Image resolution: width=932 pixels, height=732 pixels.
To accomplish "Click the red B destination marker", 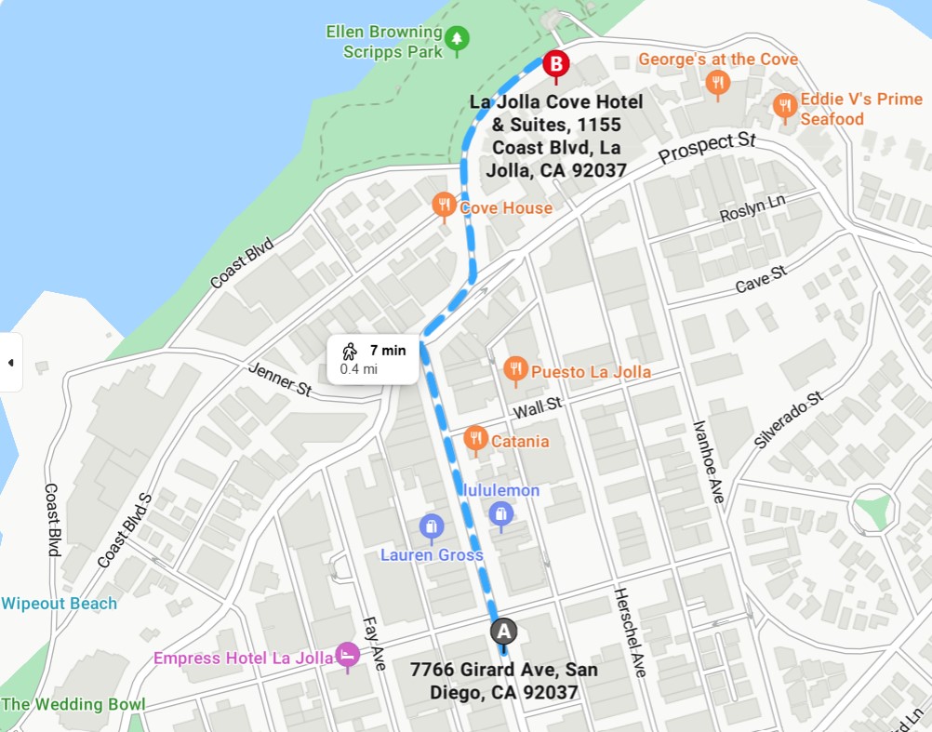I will [x=555, y=64].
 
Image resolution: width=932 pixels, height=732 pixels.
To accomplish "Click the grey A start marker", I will [x=503, y=632].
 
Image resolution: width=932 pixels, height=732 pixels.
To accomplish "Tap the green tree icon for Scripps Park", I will [x=456, y=39].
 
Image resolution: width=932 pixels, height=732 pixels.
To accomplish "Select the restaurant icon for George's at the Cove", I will [x=716, y=84].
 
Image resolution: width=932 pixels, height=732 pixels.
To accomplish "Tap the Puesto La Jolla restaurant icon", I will [x=515, y=370].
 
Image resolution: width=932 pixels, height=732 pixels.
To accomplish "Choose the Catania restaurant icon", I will [x=475, y=438].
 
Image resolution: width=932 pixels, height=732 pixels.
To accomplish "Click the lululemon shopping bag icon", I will [x=500, y=514].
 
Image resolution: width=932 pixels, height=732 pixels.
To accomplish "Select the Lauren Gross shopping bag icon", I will [x=431, y=527].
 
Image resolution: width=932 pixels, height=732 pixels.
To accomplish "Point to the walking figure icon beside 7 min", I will [x=350, y=352].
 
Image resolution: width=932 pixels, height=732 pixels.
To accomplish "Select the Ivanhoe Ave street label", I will [x=708, y=460].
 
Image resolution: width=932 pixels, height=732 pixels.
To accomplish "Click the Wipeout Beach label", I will [x=60, y=604].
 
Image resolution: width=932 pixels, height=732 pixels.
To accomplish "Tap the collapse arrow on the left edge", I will [x=10, y=362].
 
